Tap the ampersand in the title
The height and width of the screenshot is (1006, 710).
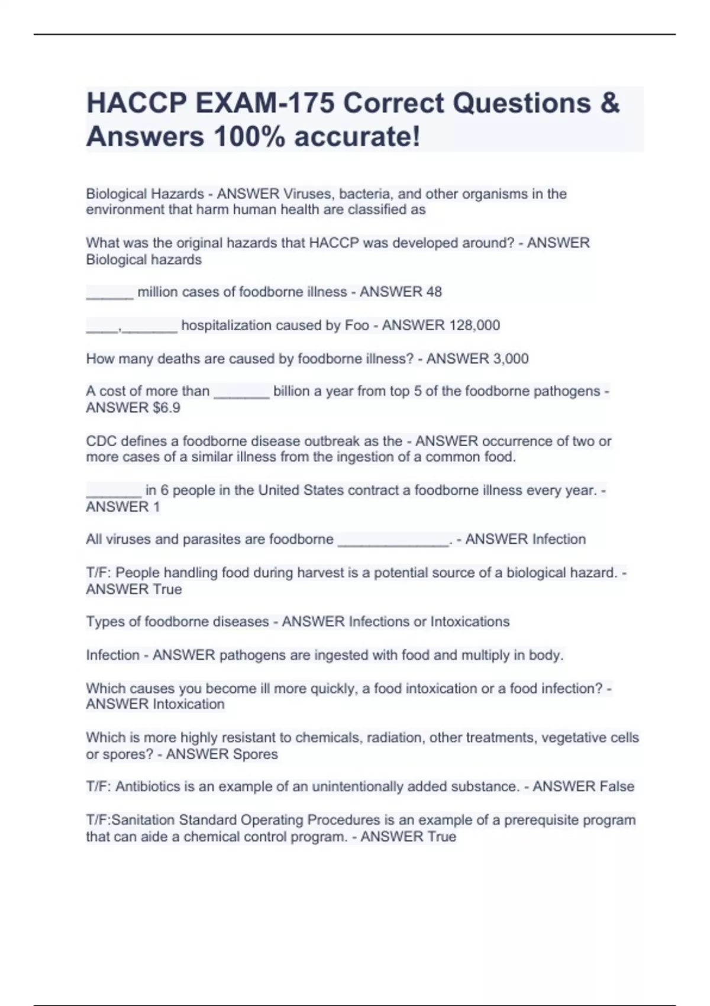click(609, 103)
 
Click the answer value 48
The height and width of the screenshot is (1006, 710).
click(434, 292)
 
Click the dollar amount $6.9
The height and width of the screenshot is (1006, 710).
click(166, 408)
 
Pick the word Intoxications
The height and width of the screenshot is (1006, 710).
click(470, 621)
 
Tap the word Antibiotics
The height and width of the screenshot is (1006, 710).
click(148, 786)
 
